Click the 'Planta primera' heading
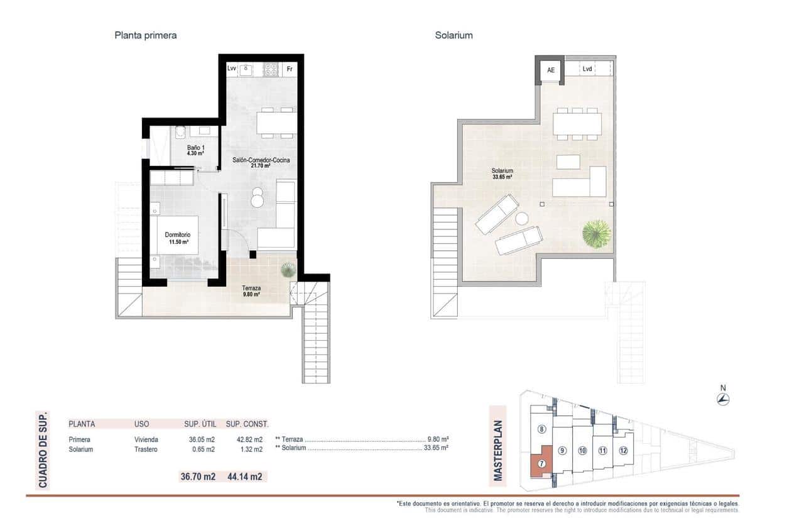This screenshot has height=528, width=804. tap(145, 35)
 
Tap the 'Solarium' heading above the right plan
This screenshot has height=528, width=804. tap(454, 35)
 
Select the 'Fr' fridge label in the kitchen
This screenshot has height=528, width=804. tap(290, 69)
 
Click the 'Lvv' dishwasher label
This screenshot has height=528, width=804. tap(232, 69)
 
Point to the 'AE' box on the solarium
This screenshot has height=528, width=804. tap(551, 70)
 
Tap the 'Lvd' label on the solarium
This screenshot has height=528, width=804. tap(587, 69)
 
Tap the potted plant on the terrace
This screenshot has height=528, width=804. tap(288, 270)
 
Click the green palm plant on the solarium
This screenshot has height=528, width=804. tap(596, 234)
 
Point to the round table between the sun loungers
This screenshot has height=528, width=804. tap(522, 219)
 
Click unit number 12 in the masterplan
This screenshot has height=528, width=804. tap(622, 450)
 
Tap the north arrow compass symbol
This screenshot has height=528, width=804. tap(723, 399)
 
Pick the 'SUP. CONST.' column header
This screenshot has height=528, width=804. tap(247, 424)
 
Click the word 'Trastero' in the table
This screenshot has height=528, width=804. tap(146, 449)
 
